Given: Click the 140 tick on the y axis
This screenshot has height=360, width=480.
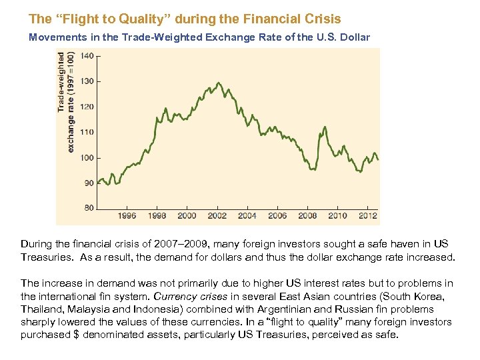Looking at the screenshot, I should [x=87, y=57].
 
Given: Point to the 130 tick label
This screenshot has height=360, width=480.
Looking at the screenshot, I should [x=87, y=81].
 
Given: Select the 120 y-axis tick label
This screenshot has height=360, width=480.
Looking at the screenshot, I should [x=87, y=107].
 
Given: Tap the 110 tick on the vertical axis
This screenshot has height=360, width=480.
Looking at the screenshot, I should [x=87, y=132].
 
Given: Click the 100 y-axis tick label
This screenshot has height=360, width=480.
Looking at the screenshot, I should [x=87, y=158].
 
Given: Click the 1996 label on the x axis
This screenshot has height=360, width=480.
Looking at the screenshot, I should [x=127, y=216].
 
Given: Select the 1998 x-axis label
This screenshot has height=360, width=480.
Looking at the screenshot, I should [x=157, y=216].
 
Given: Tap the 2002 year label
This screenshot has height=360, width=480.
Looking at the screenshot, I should [x=217, y=216].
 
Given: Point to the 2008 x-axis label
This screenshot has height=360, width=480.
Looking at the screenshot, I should [x=307, y=216].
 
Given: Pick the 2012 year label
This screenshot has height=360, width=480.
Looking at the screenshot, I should [x=367, y=216].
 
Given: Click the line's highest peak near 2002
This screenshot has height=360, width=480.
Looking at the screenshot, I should [x=217, y=83].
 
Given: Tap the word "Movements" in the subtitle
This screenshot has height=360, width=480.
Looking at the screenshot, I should [x=55, y=37].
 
